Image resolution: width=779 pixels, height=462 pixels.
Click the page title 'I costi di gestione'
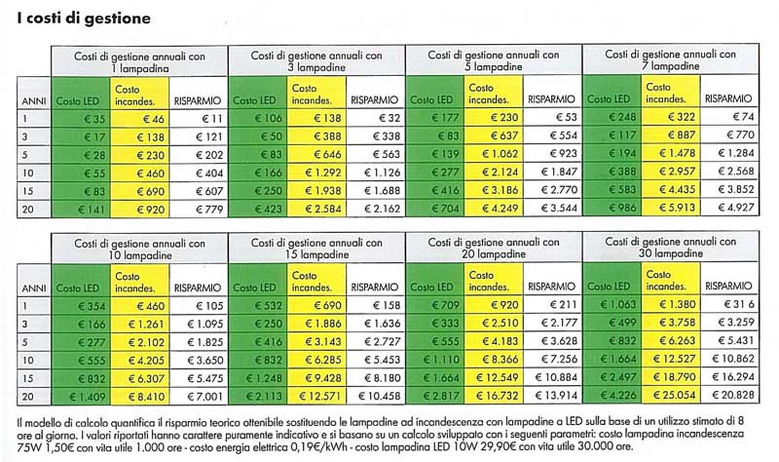(x=84, y=19)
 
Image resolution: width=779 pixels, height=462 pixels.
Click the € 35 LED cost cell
(x=81, y=119)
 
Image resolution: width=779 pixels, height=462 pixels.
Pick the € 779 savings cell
(x=199, y=210)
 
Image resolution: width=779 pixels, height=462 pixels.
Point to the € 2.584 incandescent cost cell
(x=316, y=209)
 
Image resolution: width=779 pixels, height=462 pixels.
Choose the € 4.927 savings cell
(x=729, y=207)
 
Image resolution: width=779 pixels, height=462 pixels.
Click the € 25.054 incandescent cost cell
(x=671, y=395)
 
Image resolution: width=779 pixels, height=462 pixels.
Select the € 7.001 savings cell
(x=199, y=397)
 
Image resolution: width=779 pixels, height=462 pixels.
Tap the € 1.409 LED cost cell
(x=81, y=397)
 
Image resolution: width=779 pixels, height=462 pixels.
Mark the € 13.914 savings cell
(x=552, y=396)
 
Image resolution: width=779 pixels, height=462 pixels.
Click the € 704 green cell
(x=435, y=208)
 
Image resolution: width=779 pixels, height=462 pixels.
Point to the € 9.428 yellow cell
(x=316, y=378)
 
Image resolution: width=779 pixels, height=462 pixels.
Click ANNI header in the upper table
(x=34, y=101)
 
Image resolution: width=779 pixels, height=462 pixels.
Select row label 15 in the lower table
(x=28, y=378)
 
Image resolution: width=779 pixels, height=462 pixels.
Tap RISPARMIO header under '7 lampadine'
(x=728, y=98)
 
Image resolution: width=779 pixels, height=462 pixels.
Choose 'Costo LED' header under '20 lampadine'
(x=431, y=287)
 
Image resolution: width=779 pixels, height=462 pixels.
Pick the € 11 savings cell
(x=211, y=119)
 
